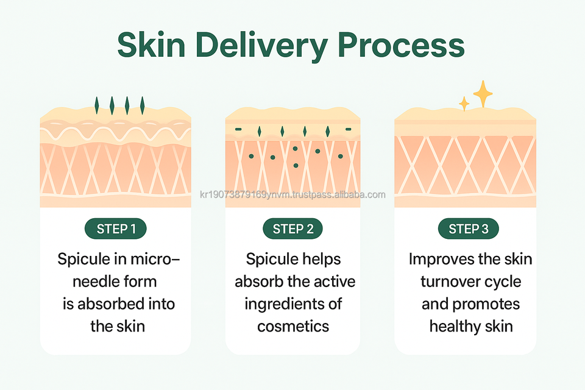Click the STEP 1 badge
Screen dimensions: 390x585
click(116, 229)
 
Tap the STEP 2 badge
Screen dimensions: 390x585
click(292, 229)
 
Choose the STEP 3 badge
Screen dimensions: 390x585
click(469, 229)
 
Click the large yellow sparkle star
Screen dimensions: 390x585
click(483, 94)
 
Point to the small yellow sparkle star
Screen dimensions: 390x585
click(464, 104)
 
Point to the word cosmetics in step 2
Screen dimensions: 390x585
click(292, 326)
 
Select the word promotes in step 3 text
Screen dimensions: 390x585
click(487, 303)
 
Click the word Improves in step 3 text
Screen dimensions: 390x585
click(436, 259)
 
